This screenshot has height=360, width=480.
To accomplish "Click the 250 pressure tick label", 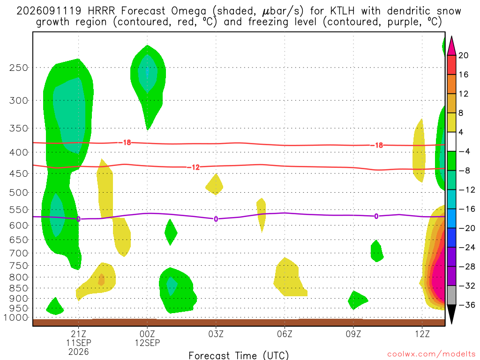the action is coord(18,67).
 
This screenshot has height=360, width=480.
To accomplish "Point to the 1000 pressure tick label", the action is coord(16,318).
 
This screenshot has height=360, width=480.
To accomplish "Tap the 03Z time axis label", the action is coord(216,334).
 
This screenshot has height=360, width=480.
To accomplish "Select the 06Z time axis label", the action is coord(285,334).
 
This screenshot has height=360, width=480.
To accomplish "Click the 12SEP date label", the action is coord(147,343).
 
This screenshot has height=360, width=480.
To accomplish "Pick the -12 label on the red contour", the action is coord(194,167).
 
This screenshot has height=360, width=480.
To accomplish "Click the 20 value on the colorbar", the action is coord(463,55).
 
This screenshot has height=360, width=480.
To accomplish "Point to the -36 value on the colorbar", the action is coord(466,305).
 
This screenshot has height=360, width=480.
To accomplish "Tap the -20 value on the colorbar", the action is coord(466,228).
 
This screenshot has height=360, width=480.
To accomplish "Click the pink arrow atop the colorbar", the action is coord(451,46).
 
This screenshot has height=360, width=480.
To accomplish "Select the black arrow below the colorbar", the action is coord(451,314).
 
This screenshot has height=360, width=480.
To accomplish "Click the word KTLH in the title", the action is coord(342,11).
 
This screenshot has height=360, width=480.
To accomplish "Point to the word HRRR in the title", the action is coord(101,11).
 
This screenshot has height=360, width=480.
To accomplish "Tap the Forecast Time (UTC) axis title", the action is coord(239,355).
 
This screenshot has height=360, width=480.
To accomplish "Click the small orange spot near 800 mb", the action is coord(101,279).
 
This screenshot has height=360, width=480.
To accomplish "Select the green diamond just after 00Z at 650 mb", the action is coord(171,232).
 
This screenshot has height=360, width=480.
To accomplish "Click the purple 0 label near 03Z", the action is coord(216,219).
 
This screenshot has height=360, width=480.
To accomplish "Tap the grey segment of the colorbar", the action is coord(451,295).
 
